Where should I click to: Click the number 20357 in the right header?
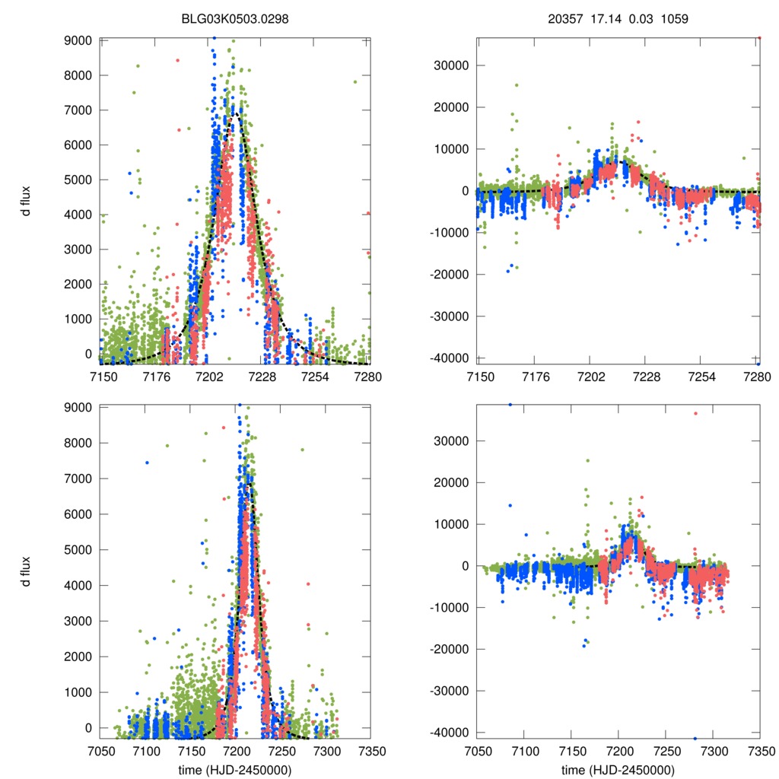564,20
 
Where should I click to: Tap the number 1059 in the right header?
675,20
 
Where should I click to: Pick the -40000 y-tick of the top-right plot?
450,358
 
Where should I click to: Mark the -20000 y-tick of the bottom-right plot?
450,650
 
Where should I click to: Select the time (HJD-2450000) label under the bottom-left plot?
236,769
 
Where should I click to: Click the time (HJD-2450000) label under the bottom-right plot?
618,769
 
